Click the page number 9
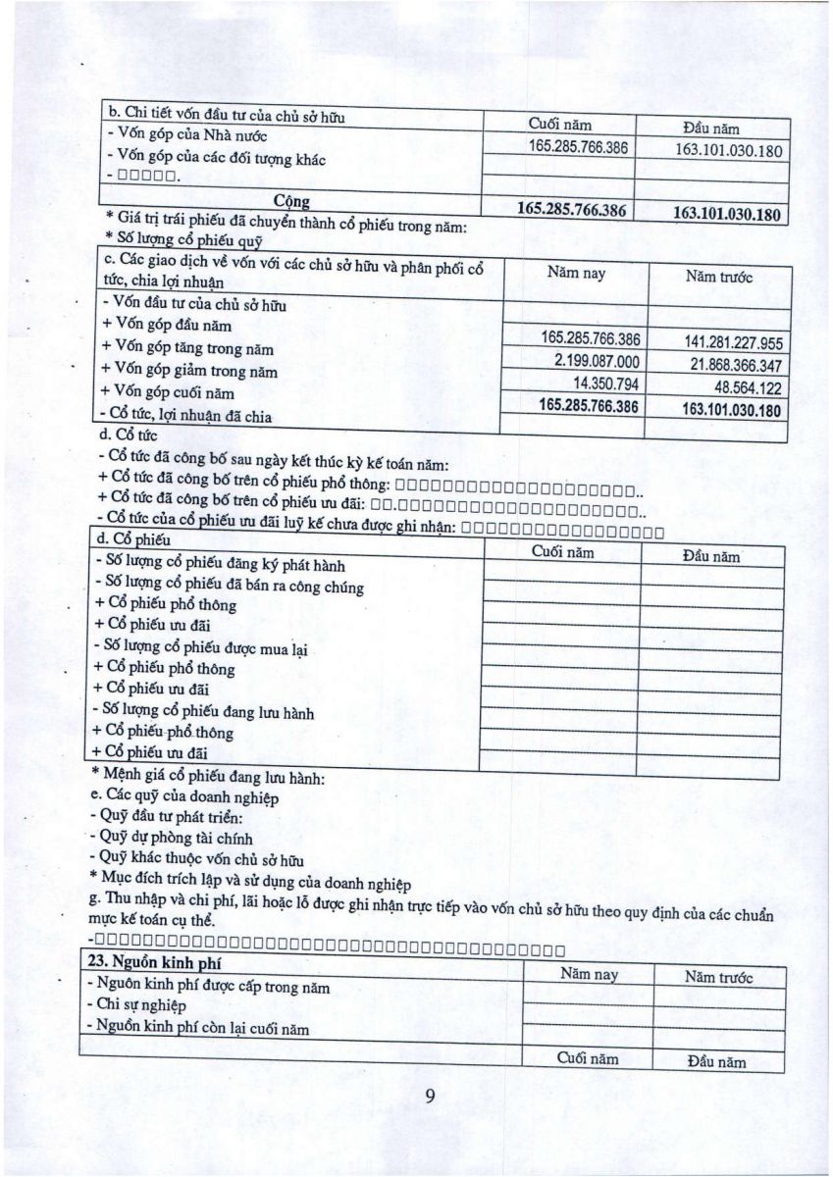point(429,1096)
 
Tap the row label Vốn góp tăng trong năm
point(187,349)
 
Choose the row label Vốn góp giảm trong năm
point(189,372)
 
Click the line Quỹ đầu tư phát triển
point(165,817)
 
